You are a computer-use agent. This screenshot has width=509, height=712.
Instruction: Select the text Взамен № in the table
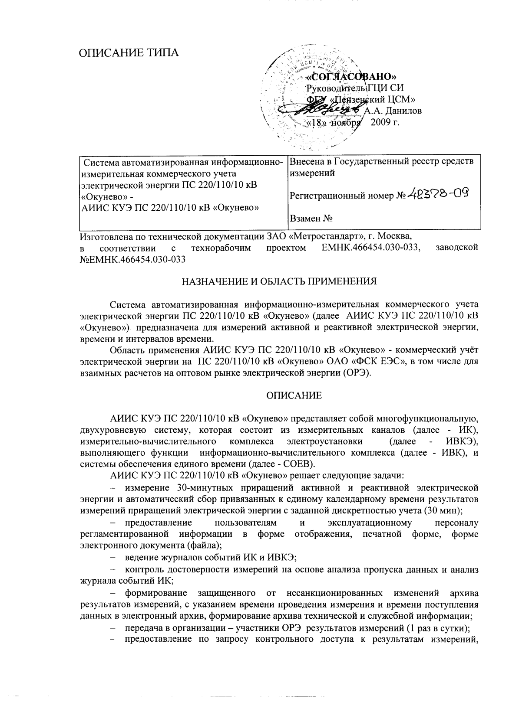[x=311, y=219]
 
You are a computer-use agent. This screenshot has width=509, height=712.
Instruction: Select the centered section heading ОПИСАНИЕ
[x=294, y=395]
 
